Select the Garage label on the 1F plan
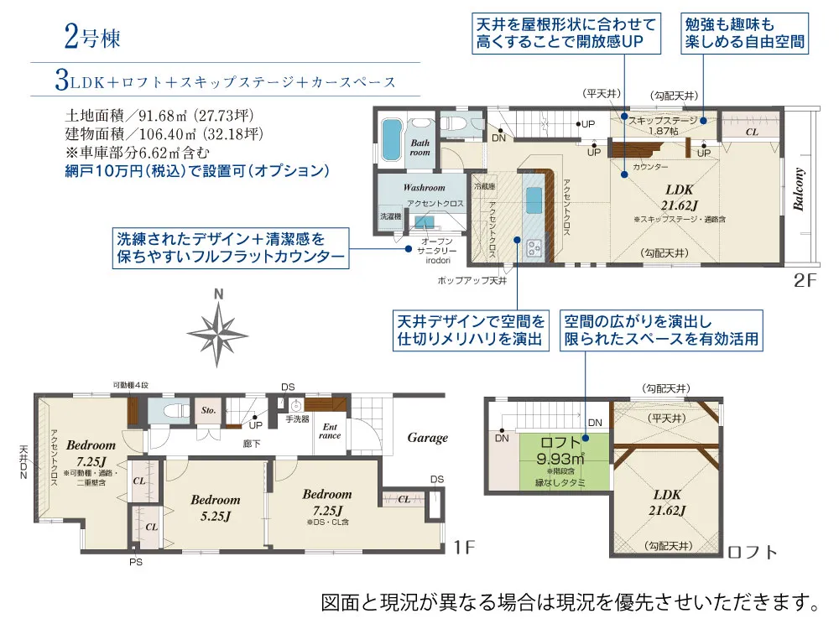click(x=427, y=437)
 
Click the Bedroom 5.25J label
click(x=215, y=508)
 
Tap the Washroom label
click(x=424, y=188)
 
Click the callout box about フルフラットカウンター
click(x=231, y=248)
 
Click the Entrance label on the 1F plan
click(x=331, y=431)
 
